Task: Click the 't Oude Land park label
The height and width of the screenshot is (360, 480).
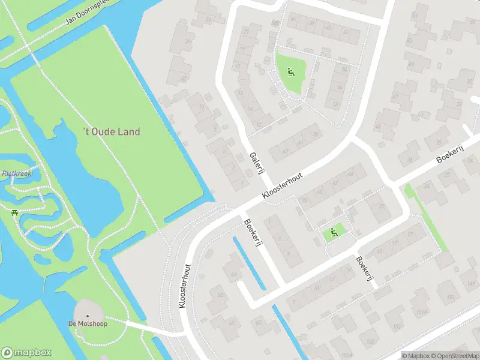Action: (111, 131)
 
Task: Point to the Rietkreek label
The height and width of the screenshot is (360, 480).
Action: (17, 173)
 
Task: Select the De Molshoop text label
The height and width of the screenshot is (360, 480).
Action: (87, 325)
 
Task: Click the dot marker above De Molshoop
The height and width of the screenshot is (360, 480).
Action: (88, 316)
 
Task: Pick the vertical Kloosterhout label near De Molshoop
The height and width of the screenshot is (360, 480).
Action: (185, 287)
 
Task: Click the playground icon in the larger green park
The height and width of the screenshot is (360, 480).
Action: (290, 73)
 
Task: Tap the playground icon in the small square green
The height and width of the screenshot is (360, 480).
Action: (334, 232)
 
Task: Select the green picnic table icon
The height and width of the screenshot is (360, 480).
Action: (14, 211)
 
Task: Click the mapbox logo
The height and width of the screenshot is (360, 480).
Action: (26, 353)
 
